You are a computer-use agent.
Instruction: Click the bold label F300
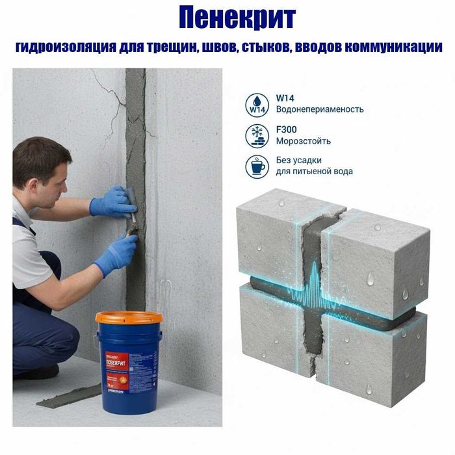(x=286, y=129)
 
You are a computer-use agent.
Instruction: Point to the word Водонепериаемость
(x=320, y=109)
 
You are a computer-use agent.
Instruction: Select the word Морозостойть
(x=304, y=140)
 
